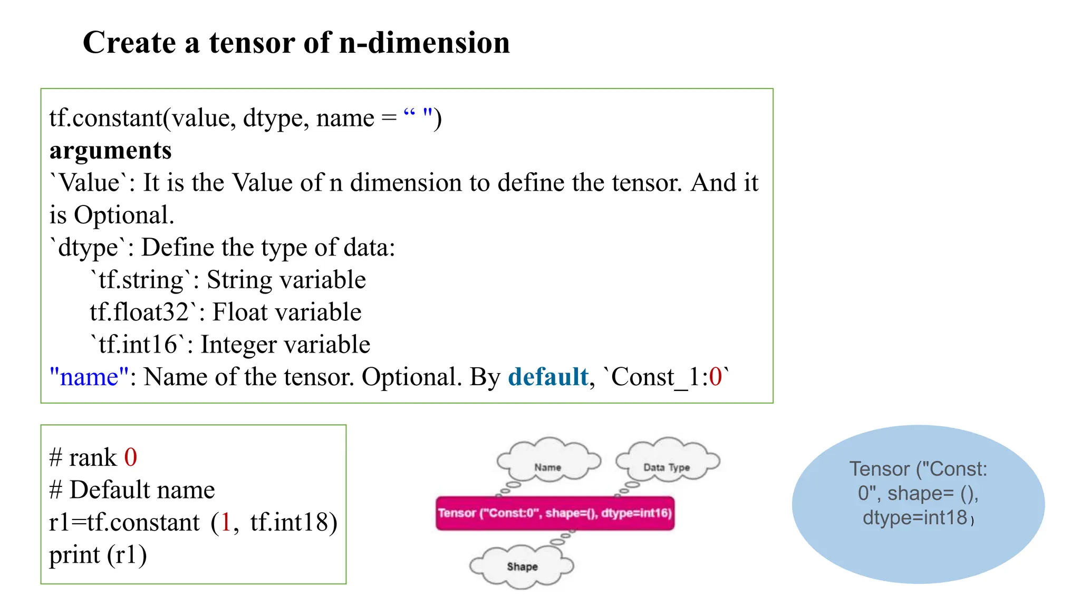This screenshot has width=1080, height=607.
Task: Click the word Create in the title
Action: tap(129, 43)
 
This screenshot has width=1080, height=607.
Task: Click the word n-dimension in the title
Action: tap(424, 43)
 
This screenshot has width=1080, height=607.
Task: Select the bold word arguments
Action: tap(110, 151)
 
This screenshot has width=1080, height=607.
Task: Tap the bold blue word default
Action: tap(548, 377)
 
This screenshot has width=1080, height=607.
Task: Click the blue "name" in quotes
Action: tap(89, 377)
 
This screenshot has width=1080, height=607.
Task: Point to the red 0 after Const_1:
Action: tap(715, 377)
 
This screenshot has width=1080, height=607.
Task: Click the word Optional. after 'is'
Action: tap(124, 216)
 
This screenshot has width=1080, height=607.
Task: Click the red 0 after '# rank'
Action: tap(130, 457)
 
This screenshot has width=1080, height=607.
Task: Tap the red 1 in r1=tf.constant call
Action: tap(226, 523)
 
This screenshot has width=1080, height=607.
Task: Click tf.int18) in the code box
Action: tap(294, 523)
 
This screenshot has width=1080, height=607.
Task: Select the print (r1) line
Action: tap(98, 555)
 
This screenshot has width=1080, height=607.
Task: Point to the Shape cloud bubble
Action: tap(522, 566)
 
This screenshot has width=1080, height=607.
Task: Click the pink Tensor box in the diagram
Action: tap(555, 513)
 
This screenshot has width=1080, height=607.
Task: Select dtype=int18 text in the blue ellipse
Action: tap(915, 518)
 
